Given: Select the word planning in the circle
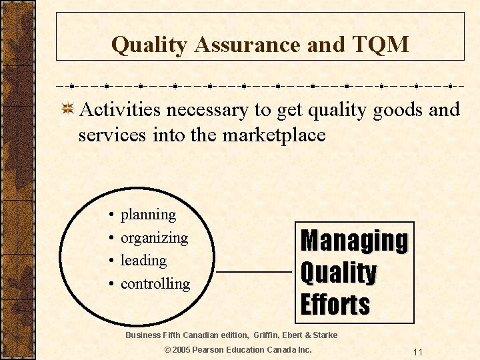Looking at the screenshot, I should tap(148, 215).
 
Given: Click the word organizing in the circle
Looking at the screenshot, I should tap(154, 238).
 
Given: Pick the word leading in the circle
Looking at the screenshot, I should tap(143, 260).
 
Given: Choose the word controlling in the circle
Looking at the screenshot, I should tap(155, 284).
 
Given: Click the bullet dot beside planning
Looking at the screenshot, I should tap(110, 215).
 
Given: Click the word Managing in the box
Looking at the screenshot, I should tap(354, 241).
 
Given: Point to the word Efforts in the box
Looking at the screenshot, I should tap(335, 305).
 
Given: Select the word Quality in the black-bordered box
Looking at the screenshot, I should tap(339, 273).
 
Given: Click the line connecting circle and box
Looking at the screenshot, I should tap(254, 273).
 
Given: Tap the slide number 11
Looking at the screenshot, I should tap(418, 352).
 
